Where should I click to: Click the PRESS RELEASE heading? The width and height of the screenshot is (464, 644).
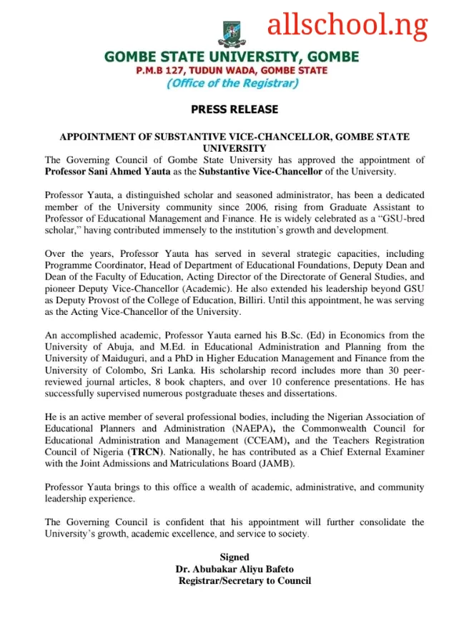click(x=234, y=109)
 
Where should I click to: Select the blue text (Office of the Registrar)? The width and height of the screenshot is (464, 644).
click(x=232, y=83)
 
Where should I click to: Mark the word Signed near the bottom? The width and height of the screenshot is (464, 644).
click(x=235, y=557)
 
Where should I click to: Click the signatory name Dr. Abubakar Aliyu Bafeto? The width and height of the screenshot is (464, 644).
click(x=235, y=569)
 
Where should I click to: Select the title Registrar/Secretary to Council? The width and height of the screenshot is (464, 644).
click(x=245, y=580)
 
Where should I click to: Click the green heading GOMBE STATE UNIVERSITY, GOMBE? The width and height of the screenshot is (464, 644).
click(x=232, y=57)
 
